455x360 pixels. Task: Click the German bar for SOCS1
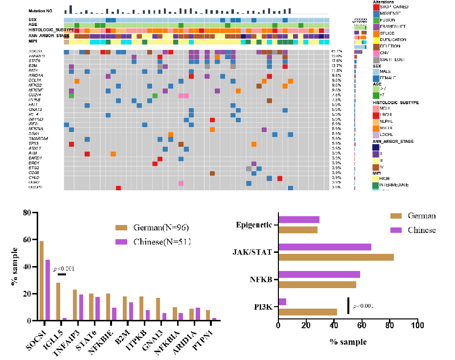(42, 281)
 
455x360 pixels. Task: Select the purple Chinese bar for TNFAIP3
(81, 300)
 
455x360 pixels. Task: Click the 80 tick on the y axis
(27, 213)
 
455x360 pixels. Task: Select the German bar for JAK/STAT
(336, 257)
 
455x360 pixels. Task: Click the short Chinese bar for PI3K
(282, 302)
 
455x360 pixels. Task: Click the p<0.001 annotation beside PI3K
(363, 306)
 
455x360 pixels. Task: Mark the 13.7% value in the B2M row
(336, 66)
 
